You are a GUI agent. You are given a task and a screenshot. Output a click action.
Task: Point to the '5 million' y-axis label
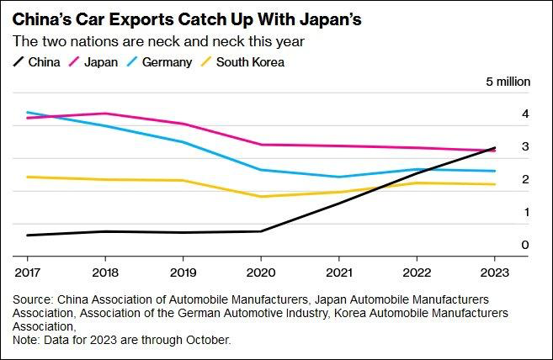coord(507,82)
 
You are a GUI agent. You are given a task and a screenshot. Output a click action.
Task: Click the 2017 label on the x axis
coord(27,272)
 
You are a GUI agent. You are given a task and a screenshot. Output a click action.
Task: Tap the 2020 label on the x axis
coord(260,272)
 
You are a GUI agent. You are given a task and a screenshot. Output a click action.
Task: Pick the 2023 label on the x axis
coord(493,272)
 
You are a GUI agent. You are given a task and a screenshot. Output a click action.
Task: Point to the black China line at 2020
coord(260,231)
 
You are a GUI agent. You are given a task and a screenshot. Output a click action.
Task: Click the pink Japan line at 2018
coord(104,114)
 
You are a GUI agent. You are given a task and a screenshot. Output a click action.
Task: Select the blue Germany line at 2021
coord(338,177)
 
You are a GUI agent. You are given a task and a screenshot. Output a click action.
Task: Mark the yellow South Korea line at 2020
coord(260,197)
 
